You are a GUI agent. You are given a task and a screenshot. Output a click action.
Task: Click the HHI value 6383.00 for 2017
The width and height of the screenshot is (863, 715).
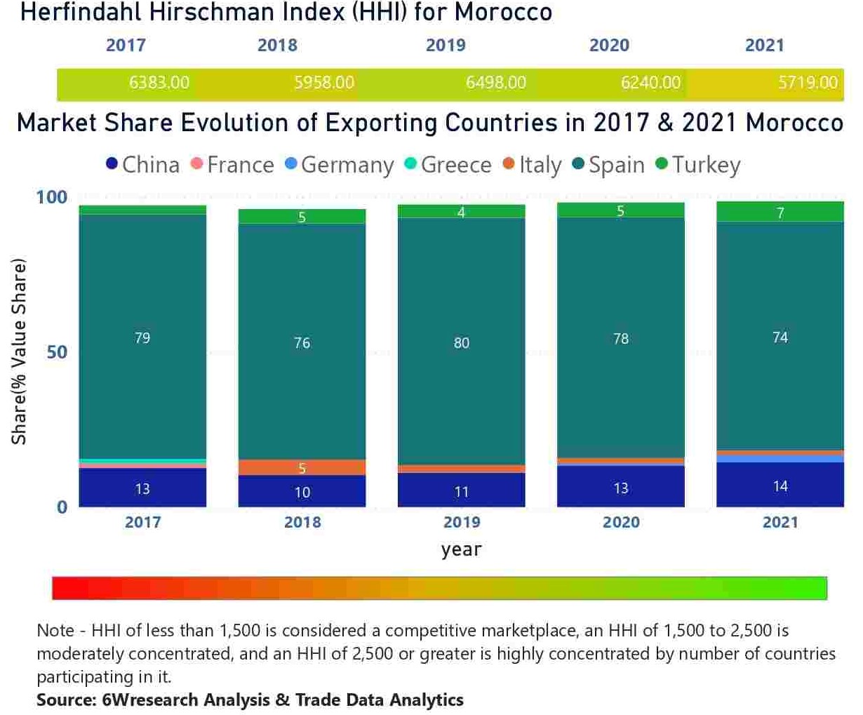159,83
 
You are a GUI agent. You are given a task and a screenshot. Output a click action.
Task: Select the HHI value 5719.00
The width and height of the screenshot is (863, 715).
808,83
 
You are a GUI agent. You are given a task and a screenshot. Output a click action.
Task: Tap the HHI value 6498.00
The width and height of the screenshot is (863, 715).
495,83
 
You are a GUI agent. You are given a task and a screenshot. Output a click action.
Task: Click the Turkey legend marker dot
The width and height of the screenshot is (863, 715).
661,164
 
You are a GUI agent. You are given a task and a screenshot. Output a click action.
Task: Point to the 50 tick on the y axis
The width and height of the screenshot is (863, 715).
58,352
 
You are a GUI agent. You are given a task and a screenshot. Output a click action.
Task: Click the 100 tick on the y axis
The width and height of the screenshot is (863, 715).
51,197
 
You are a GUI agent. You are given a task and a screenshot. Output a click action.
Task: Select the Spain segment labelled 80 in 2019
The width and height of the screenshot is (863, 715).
461,342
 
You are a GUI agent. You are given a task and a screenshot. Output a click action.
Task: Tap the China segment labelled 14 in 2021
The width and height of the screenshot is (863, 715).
780,486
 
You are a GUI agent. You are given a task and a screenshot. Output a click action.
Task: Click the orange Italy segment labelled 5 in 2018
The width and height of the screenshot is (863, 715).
302,468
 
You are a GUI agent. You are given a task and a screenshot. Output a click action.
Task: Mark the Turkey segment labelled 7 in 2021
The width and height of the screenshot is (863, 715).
780,213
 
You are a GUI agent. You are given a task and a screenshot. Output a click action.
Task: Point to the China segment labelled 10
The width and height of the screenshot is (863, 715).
302,492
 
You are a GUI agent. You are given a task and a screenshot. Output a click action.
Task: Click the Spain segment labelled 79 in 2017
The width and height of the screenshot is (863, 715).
142,338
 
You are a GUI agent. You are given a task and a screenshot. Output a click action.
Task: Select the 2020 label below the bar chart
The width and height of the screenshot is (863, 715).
621,522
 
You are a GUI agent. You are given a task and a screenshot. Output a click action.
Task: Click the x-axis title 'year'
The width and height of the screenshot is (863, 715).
461,549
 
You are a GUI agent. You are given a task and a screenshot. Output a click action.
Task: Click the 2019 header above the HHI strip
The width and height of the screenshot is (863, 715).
446,46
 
